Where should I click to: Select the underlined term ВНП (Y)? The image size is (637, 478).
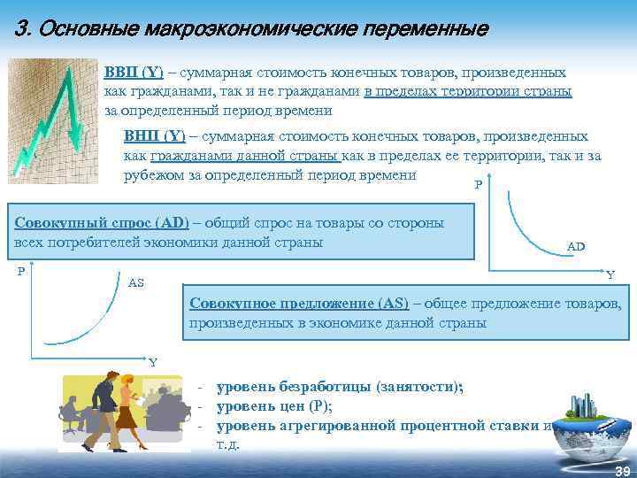tap(155, 136)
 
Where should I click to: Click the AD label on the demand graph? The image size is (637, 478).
tap(576, 246)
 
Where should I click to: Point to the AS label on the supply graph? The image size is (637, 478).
tap(136, 282)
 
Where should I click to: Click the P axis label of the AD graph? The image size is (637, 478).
tap(479, 186)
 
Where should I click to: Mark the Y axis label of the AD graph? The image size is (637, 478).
tap(610, 274)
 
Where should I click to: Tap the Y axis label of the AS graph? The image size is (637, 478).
tap(152, 362)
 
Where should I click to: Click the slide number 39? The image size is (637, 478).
tap(621, 470)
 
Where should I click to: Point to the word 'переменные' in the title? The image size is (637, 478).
tap(422, 29)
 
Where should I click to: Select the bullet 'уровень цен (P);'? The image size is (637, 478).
tap(274, 406)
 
